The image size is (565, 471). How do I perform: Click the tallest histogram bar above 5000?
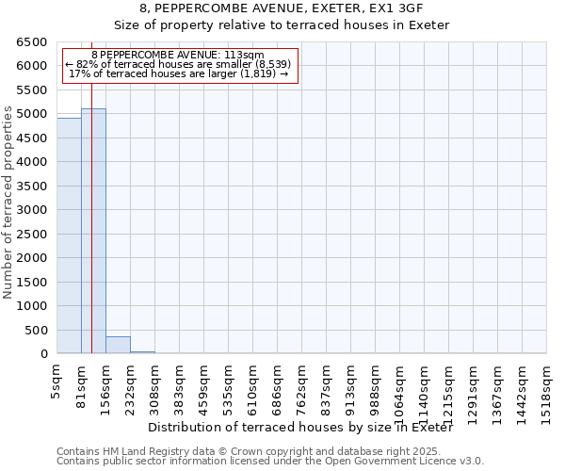93,231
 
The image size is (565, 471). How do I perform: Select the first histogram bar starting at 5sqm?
69,235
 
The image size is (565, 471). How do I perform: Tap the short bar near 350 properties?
118,345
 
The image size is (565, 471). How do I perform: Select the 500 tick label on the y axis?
35,330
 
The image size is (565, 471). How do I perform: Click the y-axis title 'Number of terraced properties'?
9,203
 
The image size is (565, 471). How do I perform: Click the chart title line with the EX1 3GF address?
282,8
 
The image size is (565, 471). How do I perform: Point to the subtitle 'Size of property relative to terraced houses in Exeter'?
282,24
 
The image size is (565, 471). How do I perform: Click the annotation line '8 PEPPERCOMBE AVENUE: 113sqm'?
178,55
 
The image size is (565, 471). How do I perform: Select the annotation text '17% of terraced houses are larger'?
178,73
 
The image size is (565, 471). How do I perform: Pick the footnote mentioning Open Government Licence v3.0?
270,461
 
